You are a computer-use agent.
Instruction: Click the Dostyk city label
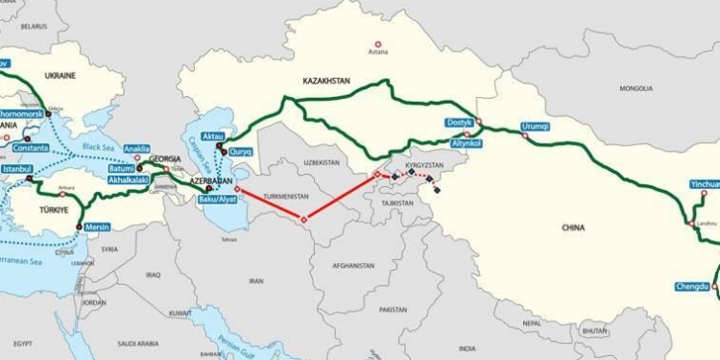(x=460, y=122)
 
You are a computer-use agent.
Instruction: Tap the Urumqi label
(x=535, y=126)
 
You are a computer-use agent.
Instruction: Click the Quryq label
(x=240, y=151)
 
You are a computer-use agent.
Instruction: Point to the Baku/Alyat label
(x=214, y=199)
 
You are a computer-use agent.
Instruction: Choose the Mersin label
(x=98, y=228)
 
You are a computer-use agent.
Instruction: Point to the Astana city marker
(x=378, y=44)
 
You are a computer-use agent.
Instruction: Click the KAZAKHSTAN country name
(x=326, y=83)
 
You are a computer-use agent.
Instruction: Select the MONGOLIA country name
(x=636, y=88)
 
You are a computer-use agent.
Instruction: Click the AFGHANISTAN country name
(x=354, y=265)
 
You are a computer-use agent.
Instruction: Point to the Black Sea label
(x=98, y=146)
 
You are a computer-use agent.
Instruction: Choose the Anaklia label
(x=137, y=148)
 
